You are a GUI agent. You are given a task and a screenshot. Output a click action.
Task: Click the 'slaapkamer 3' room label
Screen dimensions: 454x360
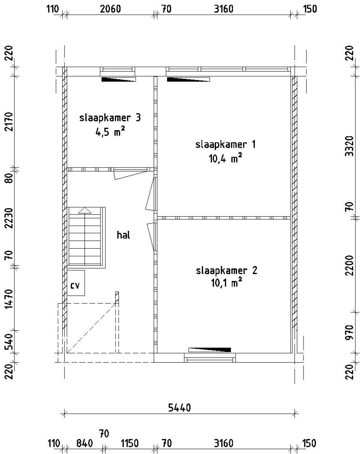coord(110,118)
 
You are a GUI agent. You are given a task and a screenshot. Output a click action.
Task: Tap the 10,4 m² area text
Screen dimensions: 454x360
coord(225,159)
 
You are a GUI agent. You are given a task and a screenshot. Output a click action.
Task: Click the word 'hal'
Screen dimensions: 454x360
coord(123,235)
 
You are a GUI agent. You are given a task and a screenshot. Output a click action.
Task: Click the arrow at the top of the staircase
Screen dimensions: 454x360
coord(85,211)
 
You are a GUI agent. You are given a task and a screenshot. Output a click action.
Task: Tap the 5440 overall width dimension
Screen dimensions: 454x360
coord(179,407)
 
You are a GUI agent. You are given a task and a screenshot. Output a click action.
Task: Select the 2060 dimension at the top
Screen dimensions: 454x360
coord(110,9)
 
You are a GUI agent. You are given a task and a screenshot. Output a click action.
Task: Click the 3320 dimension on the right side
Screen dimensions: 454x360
coord(349,146)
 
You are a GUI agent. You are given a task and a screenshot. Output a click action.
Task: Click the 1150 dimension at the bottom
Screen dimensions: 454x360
coord(130,444)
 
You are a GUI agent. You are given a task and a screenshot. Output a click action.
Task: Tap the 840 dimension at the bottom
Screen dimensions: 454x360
coord(84,444)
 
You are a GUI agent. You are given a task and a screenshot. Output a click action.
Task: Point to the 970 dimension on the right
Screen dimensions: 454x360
coord(349,332)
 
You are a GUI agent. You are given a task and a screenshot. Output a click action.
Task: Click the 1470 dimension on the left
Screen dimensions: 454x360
coord(10,299)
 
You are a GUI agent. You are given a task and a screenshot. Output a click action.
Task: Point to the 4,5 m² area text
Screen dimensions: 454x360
coord(110,132)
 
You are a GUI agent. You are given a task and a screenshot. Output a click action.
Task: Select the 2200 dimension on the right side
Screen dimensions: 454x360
coord(349,265)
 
